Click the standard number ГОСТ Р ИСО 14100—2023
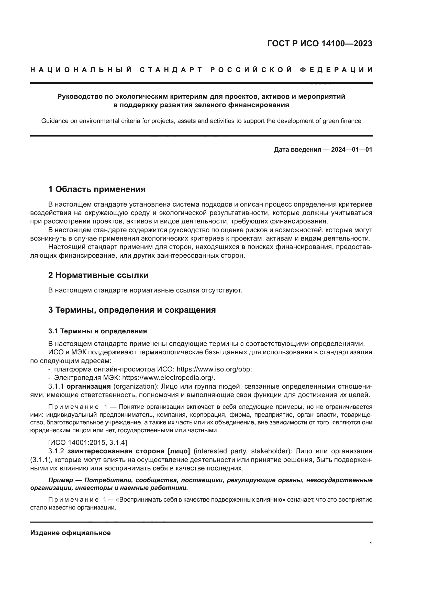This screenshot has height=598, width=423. (320, 43)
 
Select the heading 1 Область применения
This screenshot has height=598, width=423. (97, 189)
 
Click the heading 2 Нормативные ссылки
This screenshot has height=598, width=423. (98, 275)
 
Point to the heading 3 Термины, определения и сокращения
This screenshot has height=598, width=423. (132, 310)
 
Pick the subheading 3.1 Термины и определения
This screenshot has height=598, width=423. (98, 331)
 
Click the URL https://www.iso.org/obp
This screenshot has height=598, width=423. (214, 369)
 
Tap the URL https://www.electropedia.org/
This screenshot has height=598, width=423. (169, 377)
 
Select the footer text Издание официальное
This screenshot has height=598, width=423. (71, 533)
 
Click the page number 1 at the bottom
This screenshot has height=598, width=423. (371, 544)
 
